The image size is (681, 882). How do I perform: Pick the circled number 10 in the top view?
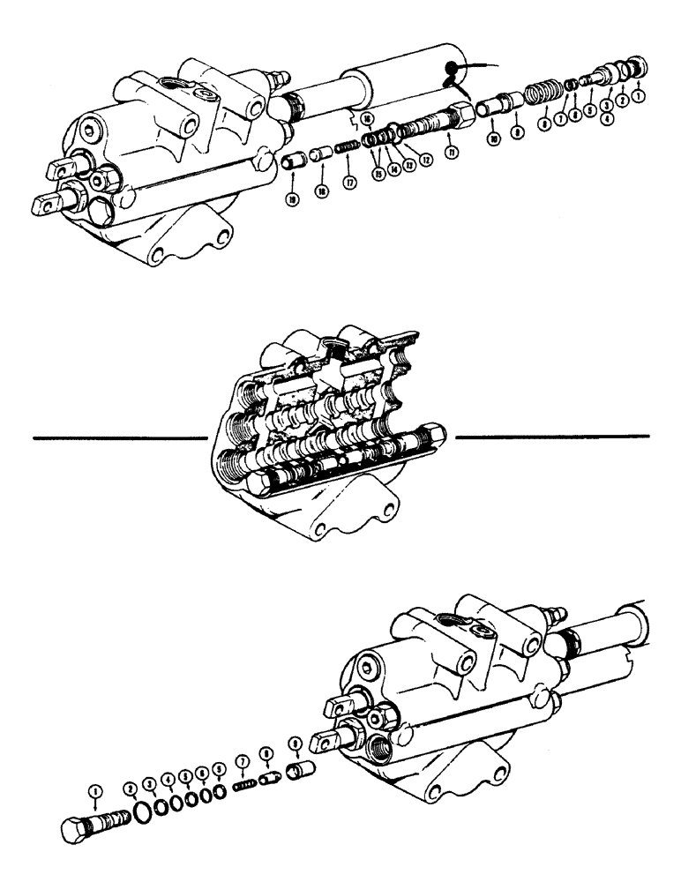(x=493, y=141)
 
